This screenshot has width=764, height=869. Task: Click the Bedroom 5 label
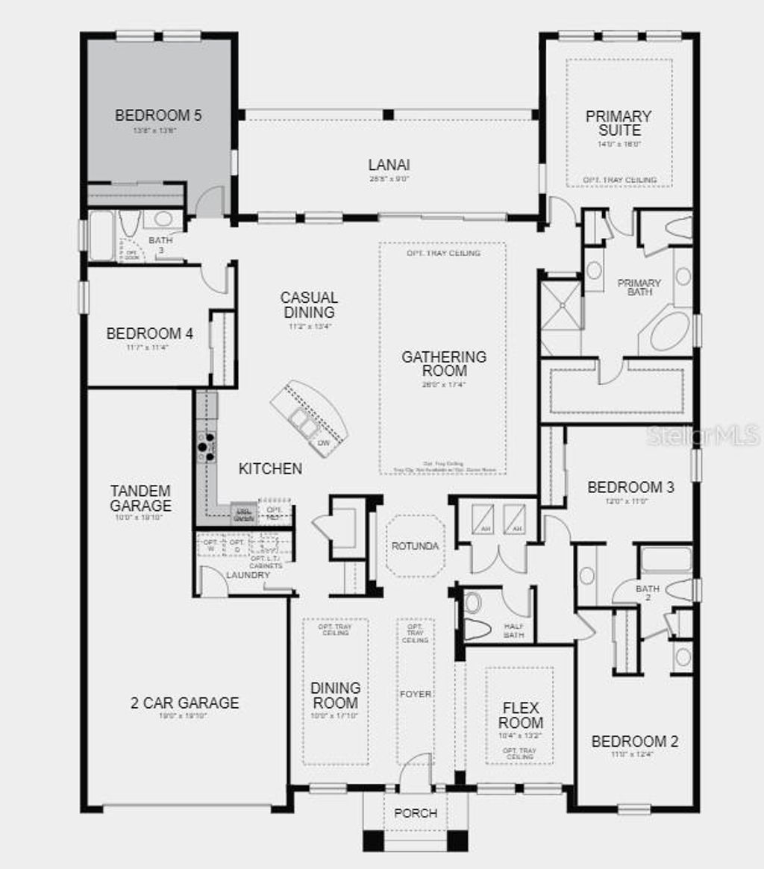point(158,116)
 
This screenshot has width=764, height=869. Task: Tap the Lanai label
point(389,165)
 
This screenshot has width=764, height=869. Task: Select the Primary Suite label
point(619,122)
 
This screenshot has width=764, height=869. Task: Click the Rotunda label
point(415,546)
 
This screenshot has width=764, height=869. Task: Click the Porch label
point(415,813)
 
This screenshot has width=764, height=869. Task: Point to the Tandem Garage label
point(140,498)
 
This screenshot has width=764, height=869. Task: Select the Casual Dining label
point(308,304)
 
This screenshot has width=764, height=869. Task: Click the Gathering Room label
point(443,363)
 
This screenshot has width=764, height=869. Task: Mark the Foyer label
point(415,694)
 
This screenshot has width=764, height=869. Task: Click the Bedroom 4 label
point(149,333)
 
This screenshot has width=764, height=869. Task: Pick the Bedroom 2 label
point(634,741)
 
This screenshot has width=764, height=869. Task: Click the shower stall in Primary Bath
point(560,303)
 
